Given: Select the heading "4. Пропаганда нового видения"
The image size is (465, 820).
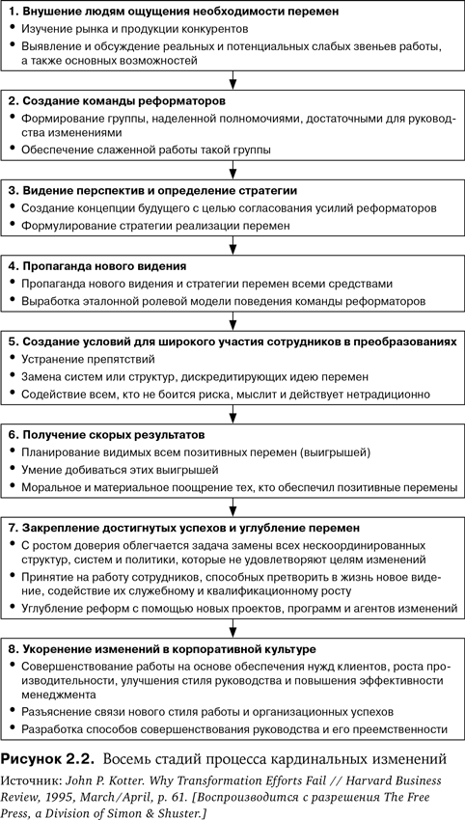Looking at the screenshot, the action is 98,266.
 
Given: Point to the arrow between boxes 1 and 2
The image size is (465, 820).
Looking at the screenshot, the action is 232,80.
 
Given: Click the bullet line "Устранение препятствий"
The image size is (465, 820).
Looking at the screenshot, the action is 88,359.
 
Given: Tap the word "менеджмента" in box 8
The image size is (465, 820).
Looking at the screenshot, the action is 59,695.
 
